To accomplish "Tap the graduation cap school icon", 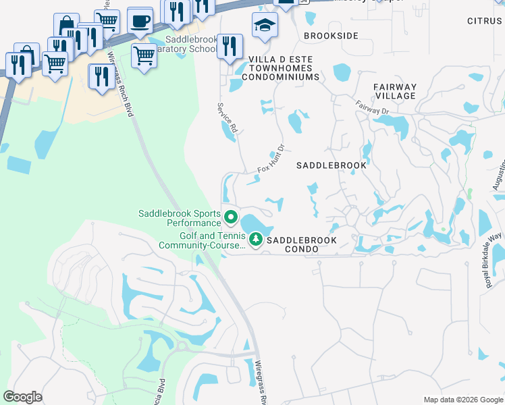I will [x=265, y=26].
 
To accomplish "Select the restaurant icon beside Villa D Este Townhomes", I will [x=230, y=47].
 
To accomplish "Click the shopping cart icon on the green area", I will [x=144, y=56].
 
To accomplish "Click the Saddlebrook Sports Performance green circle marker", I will [x=230, y=217].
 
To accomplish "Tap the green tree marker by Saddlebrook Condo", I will [x=256, y=239].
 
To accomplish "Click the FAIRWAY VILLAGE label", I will [x=396, y=92].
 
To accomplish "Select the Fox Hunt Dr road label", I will [x=273, y=160].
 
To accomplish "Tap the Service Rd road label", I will [x=228, y=117].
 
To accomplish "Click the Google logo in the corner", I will [x=22, y=397].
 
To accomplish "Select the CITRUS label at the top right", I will [x=485, y=22].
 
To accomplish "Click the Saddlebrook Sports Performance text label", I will [x=180, y=218].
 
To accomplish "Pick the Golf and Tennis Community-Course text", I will [x=202, y=241].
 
